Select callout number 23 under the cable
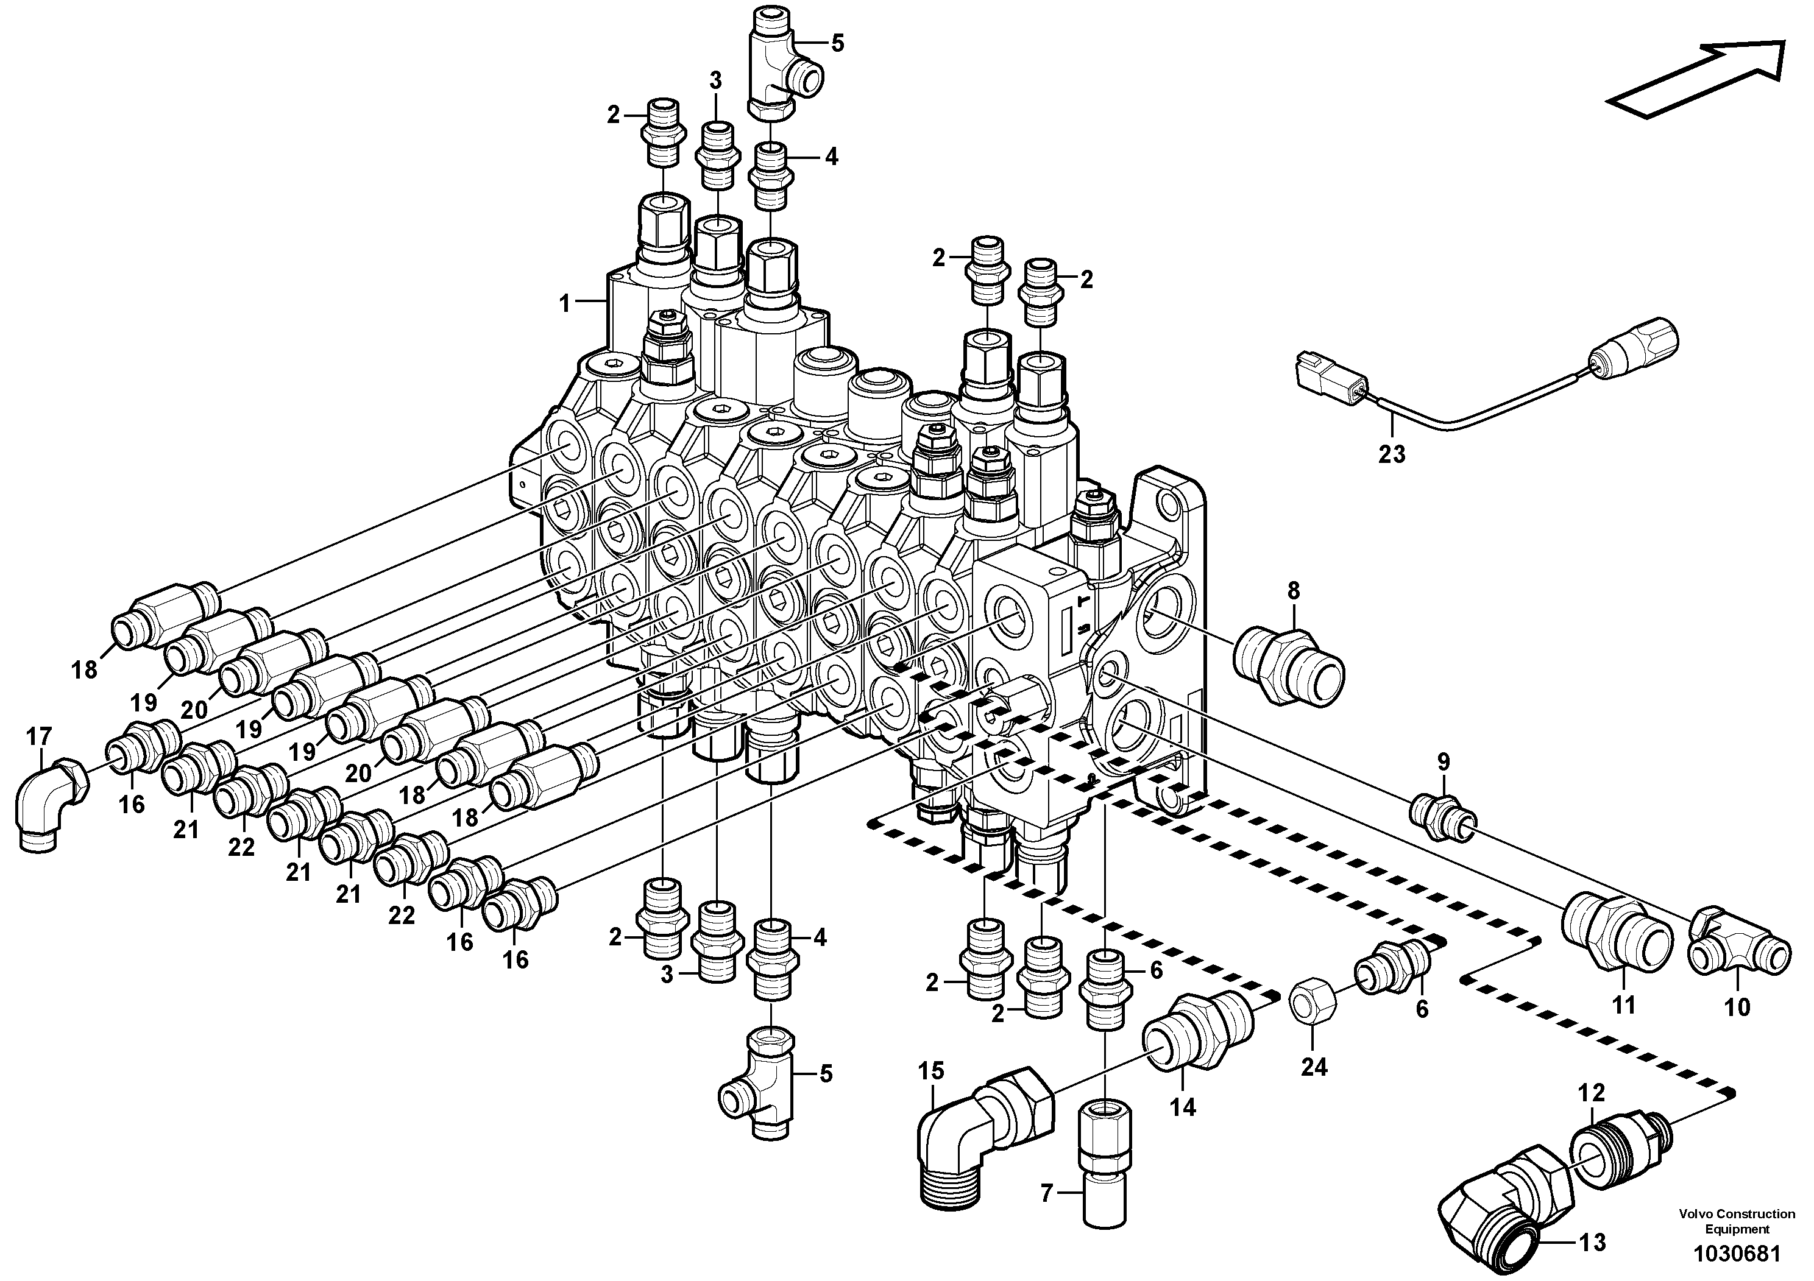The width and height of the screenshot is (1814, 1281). (x=1392, y=454)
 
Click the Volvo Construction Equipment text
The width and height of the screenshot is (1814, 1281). (x=1736, y=1220)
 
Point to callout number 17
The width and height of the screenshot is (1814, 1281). (x=39, y=737)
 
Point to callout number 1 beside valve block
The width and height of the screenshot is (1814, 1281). (x=564, y=303)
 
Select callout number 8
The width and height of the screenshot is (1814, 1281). (x=1294, y=590)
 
